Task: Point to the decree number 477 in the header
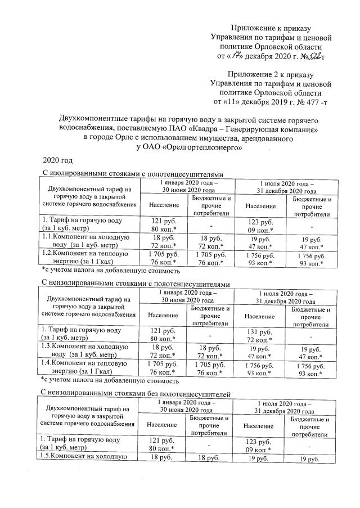(305, 102)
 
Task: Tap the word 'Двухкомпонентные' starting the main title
(91, 120)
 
